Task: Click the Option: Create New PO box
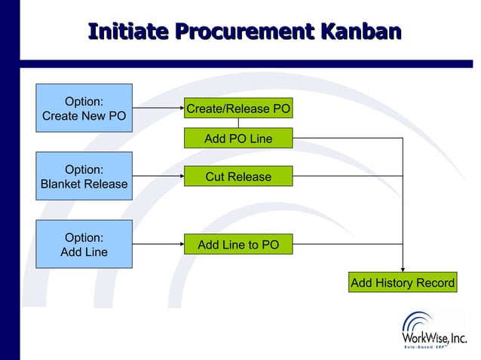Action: point(84,108)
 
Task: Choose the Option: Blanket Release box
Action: point(84,176)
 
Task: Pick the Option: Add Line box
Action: point(84,244)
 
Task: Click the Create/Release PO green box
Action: point(238,108)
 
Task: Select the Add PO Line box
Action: point(238,139)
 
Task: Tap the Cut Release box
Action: point(238,176)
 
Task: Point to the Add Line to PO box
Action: point(238,244)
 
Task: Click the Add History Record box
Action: point(403,282)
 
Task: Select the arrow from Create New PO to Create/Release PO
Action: point(158,108)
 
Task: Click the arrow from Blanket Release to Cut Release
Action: point(158,176)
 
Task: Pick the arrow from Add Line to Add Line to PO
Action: point(158,244)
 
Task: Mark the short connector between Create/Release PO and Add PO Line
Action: point(238,124)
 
